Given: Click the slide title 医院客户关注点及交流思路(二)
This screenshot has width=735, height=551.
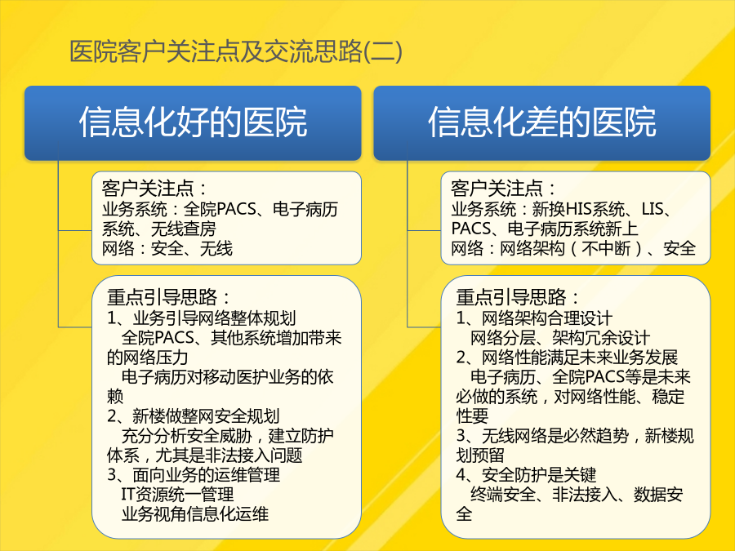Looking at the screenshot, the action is pos(236,51).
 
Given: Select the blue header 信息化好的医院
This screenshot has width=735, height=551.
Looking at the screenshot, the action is pos(193,122).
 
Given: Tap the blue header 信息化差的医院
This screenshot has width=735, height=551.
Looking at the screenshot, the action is pos(542,122).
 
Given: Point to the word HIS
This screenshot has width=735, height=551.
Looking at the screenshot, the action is pos(579,209).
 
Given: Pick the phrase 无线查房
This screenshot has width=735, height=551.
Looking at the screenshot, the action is pos(184,229).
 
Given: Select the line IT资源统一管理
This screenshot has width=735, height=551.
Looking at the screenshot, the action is pos(177,495).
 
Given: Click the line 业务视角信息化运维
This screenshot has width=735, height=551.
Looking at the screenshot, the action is pos(194,514).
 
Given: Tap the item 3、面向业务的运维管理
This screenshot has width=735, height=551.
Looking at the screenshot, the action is pos(194,474).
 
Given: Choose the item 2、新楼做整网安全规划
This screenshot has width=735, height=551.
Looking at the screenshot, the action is pos(193,415).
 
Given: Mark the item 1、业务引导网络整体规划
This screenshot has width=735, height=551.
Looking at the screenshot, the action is pos(202,318).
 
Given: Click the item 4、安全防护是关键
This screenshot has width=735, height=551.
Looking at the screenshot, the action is pos(526,474).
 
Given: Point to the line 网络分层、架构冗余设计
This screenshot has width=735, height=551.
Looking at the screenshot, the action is pos(560,337).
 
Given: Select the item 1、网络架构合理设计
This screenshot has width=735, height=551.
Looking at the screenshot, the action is pos(534,318).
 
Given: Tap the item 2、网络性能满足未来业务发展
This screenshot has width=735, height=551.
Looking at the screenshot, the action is pos(568,357).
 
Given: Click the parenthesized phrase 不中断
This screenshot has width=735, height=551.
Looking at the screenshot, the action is pos(606,248).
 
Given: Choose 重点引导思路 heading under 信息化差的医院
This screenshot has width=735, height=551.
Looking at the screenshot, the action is pos(518,297).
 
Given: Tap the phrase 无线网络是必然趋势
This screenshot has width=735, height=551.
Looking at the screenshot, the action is pos(555,435).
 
